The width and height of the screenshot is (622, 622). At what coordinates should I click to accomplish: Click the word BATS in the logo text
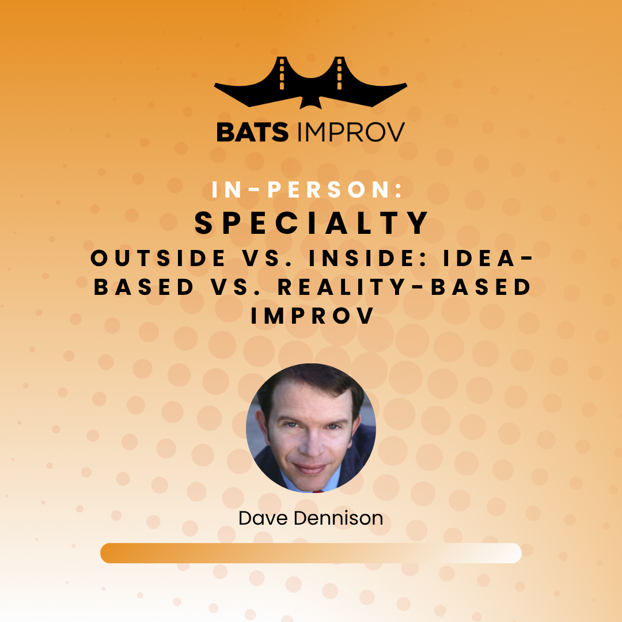(x=252, y=132)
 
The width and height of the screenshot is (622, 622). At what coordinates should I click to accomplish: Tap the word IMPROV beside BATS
(x=351, y=132)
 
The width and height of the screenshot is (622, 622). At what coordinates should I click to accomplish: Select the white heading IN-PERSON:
(x=307, y=189)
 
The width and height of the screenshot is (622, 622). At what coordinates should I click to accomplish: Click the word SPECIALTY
(x=311, y=222)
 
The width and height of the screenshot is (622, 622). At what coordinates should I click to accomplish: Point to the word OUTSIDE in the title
(x=158, y=258)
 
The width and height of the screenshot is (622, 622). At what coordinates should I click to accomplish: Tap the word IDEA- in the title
(x=488, y=258)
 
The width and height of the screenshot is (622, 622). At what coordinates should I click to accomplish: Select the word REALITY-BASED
(x=404, y=287)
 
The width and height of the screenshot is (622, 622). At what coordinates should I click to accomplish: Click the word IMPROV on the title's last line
(x=312, y=316)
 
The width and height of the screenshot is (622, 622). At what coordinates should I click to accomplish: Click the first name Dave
(x=263, y=518)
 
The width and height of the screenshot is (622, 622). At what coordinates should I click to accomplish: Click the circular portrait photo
(x=311, y=428)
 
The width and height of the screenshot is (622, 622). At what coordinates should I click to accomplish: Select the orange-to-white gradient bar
(x=310, y=553)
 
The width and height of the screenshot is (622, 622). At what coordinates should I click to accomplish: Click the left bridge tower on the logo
(x=282, y=74)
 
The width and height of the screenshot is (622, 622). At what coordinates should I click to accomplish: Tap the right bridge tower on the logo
(x=339, y=74)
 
